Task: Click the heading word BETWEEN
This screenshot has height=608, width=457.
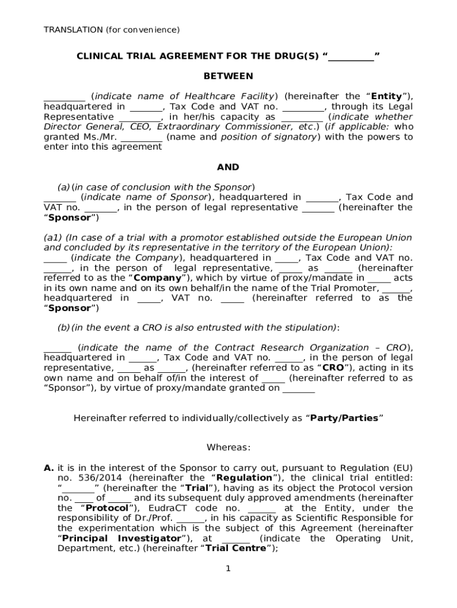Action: pyautogui.click(x=228, y=76)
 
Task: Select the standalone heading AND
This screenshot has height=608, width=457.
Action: pyautogui.click(x=228, y=167)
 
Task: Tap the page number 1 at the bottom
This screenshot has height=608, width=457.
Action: pyautogui.click(x=227, y=569)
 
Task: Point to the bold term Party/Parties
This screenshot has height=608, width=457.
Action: pyautogui.click(x=344, y=418)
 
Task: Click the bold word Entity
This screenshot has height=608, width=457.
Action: pyautogui.click(x=386, y=96)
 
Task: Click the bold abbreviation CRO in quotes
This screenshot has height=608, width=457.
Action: pyautogui.click(x=333, y=368)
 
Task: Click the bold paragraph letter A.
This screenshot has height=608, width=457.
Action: pyautogui.click(x=49, y=468)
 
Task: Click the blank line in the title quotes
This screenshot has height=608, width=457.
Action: pyautogui.click(x=351, y=57)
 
